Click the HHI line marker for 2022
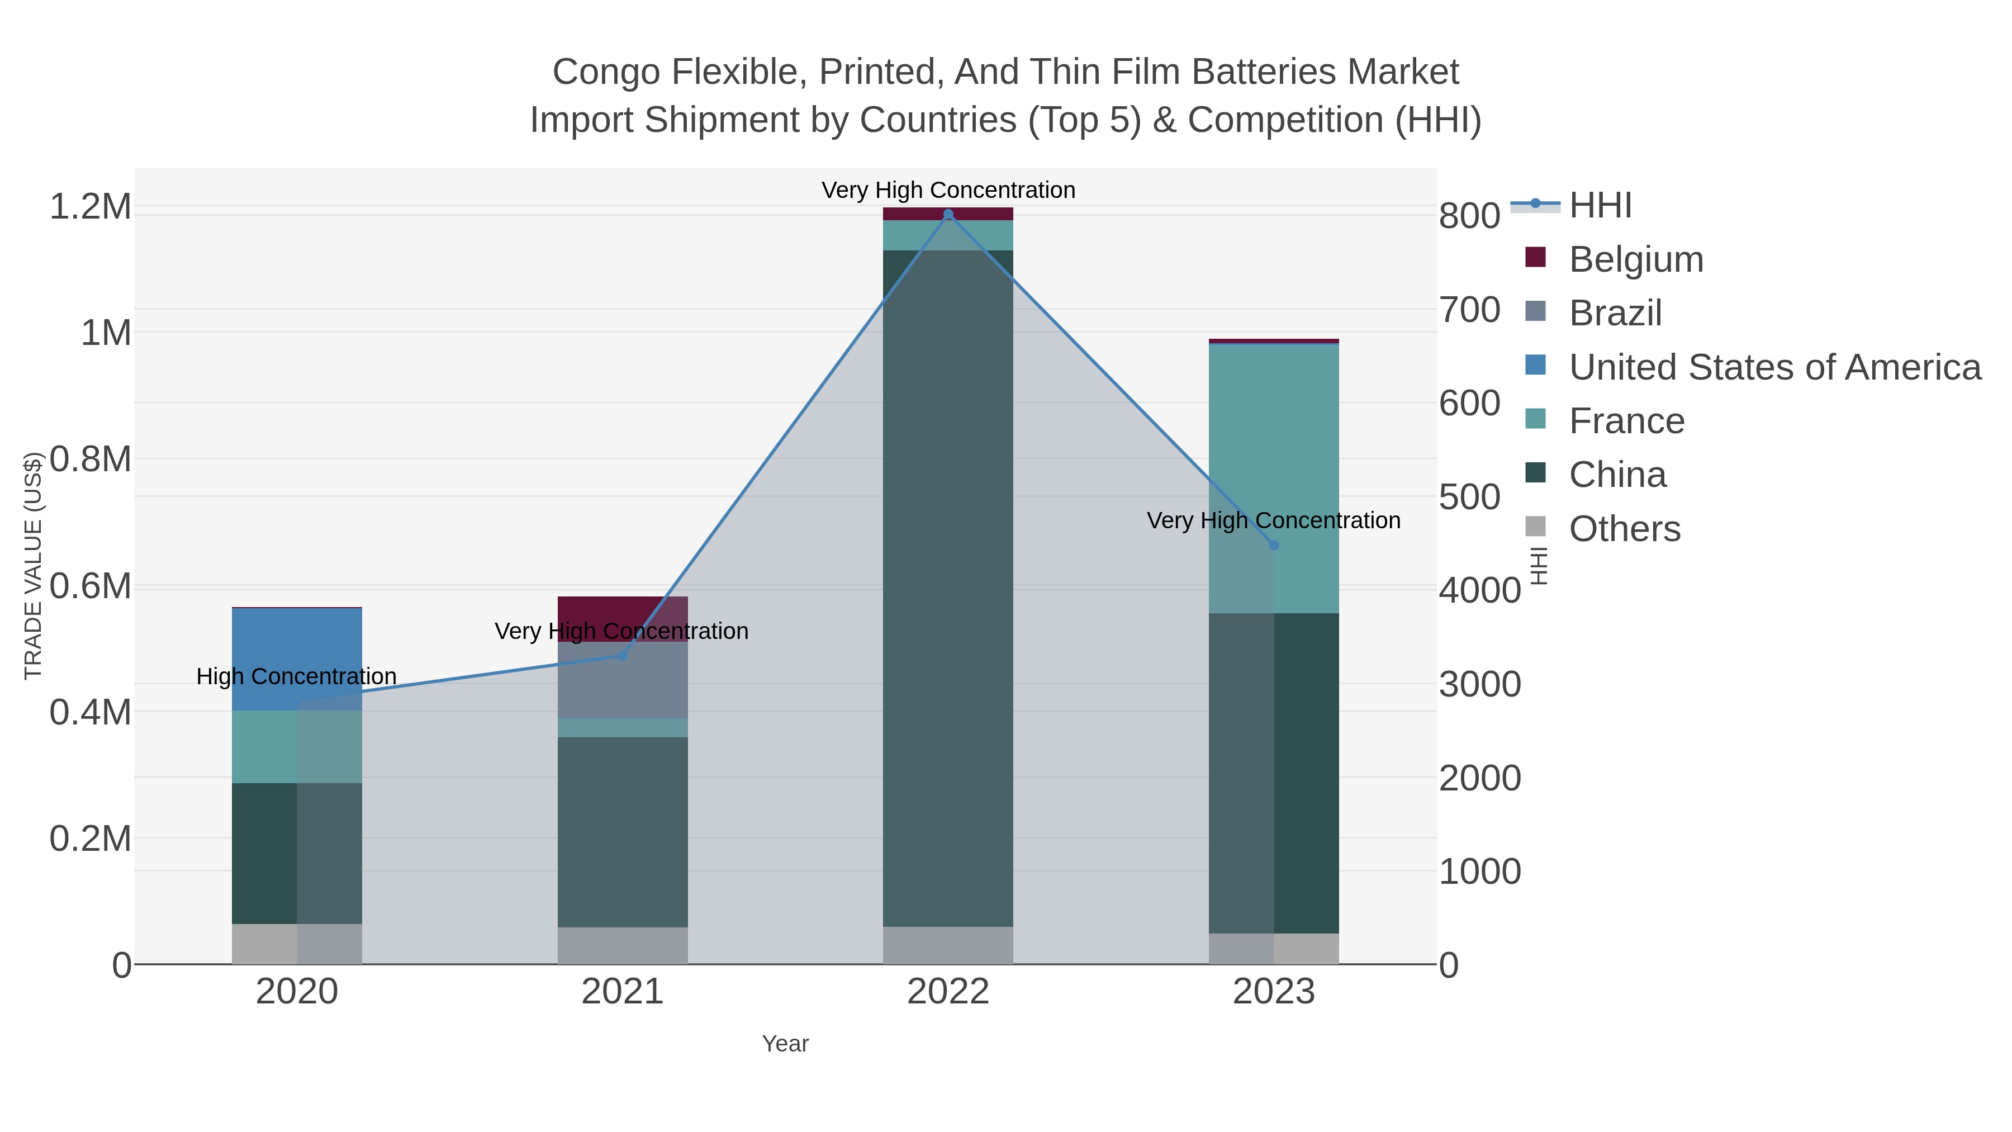click(x=948, y=214)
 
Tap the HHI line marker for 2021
click(x=623, y=656)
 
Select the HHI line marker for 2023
click(x=1274, y=545)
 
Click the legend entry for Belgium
click(x=1635, y=259)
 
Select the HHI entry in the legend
click(x=1600, y=206)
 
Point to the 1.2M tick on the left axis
click(x=90, y=207)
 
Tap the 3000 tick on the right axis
click(x=1479, y=684)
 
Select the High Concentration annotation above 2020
click(x=296, y=676)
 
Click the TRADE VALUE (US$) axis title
click(x=33, y=566)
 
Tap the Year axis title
click(x=785, y=1044)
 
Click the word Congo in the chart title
click(x=605, y=72)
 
